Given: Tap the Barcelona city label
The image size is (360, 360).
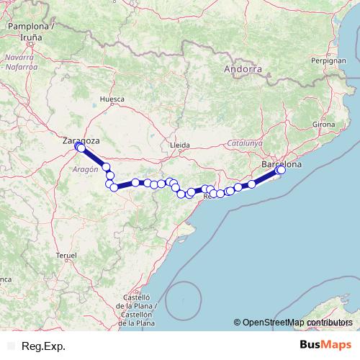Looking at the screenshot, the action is (282, 164).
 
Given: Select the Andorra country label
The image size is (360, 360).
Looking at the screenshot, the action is (242, 70).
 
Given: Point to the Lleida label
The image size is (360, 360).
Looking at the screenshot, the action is (179, 145).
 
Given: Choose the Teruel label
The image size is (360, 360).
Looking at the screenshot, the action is (66, 256).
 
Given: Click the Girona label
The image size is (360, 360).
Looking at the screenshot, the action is (324, 125).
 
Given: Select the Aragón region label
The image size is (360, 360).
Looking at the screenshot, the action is (85, 168).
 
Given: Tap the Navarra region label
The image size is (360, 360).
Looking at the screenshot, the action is (19, 60).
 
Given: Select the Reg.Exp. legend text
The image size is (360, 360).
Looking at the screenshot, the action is (43, 346).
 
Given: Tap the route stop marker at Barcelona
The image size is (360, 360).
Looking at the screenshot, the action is (281, 170).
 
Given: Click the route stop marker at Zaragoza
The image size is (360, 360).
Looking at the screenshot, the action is (80, 148).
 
